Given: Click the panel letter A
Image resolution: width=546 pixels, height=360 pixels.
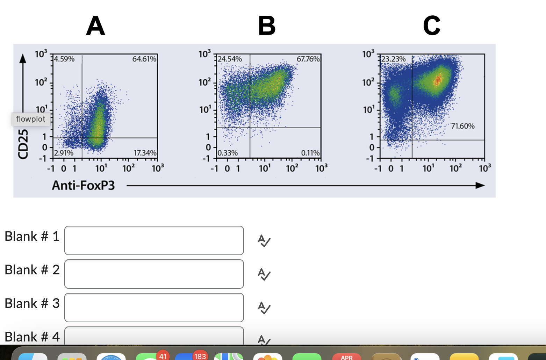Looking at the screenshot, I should click(95, 26).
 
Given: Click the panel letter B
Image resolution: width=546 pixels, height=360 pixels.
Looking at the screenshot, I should click(267, 26).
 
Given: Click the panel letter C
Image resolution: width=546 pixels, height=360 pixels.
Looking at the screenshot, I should click(431, 26).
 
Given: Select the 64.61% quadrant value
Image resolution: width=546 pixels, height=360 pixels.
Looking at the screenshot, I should click(144, 59).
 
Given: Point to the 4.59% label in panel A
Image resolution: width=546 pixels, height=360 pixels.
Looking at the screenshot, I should click(65, 59).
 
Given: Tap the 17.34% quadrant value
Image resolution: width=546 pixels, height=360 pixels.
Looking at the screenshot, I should click(145, 153).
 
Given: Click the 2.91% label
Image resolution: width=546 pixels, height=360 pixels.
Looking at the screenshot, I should click(64, 153).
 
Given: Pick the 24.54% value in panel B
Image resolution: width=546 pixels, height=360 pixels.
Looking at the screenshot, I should click(230, 59).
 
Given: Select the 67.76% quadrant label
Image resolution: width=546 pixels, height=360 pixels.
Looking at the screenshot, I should click(308, 59).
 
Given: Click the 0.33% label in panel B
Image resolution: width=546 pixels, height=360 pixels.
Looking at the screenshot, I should click(228, 153).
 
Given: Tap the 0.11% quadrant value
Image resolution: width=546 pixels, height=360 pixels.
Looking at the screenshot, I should click(310, 153).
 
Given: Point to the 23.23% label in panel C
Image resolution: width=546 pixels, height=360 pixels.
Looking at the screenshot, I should click(394, 59).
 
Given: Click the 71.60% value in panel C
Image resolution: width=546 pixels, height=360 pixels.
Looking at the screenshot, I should click(462, 126).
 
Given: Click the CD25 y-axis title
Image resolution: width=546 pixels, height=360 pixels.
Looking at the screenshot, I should click(23, 144).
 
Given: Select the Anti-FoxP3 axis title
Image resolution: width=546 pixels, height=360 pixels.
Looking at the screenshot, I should click(83, 185).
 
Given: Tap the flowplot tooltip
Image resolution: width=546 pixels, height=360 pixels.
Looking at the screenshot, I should click(31, 119).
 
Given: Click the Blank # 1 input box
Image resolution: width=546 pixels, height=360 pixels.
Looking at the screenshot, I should click(154, 240).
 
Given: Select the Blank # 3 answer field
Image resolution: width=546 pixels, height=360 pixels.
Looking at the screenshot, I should click(154, 308).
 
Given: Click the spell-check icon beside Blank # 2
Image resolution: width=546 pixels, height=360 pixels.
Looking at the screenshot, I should click(264, 274).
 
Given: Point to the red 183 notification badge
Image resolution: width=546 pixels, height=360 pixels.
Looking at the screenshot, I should click(200, 356).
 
